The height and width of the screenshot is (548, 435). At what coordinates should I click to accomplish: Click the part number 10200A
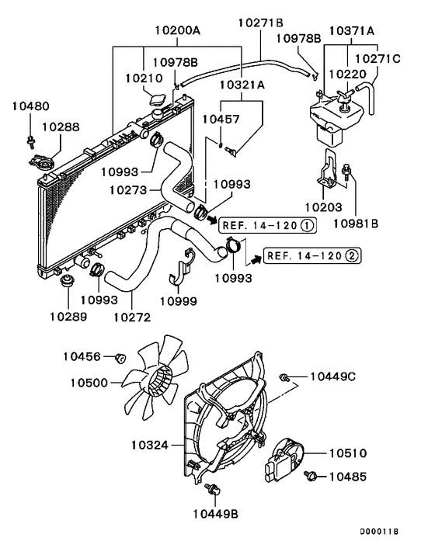pyautogui.click(x=177, y=30)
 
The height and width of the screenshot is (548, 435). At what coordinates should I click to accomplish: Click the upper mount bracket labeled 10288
pyautogui.click(x=40, y=163)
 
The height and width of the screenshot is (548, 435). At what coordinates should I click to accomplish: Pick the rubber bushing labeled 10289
pyautogui.click(x=68, y=279)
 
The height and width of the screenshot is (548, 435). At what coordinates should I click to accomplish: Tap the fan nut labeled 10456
pyautogui.click(x=120, y=358)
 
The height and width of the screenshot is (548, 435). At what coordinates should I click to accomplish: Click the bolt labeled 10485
pyautogui.click(x=312, y=475)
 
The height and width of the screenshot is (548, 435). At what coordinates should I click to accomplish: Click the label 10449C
pyautogui.click(x=332, y=376)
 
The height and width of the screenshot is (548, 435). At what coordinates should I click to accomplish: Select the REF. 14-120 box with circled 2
pyautogui.click(x=311, y=255)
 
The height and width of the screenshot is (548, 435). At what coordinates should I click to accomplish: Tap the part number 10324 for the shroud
pyautogui.click(x=151, y=445)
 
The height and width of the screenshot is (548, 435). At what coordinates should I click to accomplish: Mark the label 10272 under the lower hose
pyautogui.click(x=131, y=316)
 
